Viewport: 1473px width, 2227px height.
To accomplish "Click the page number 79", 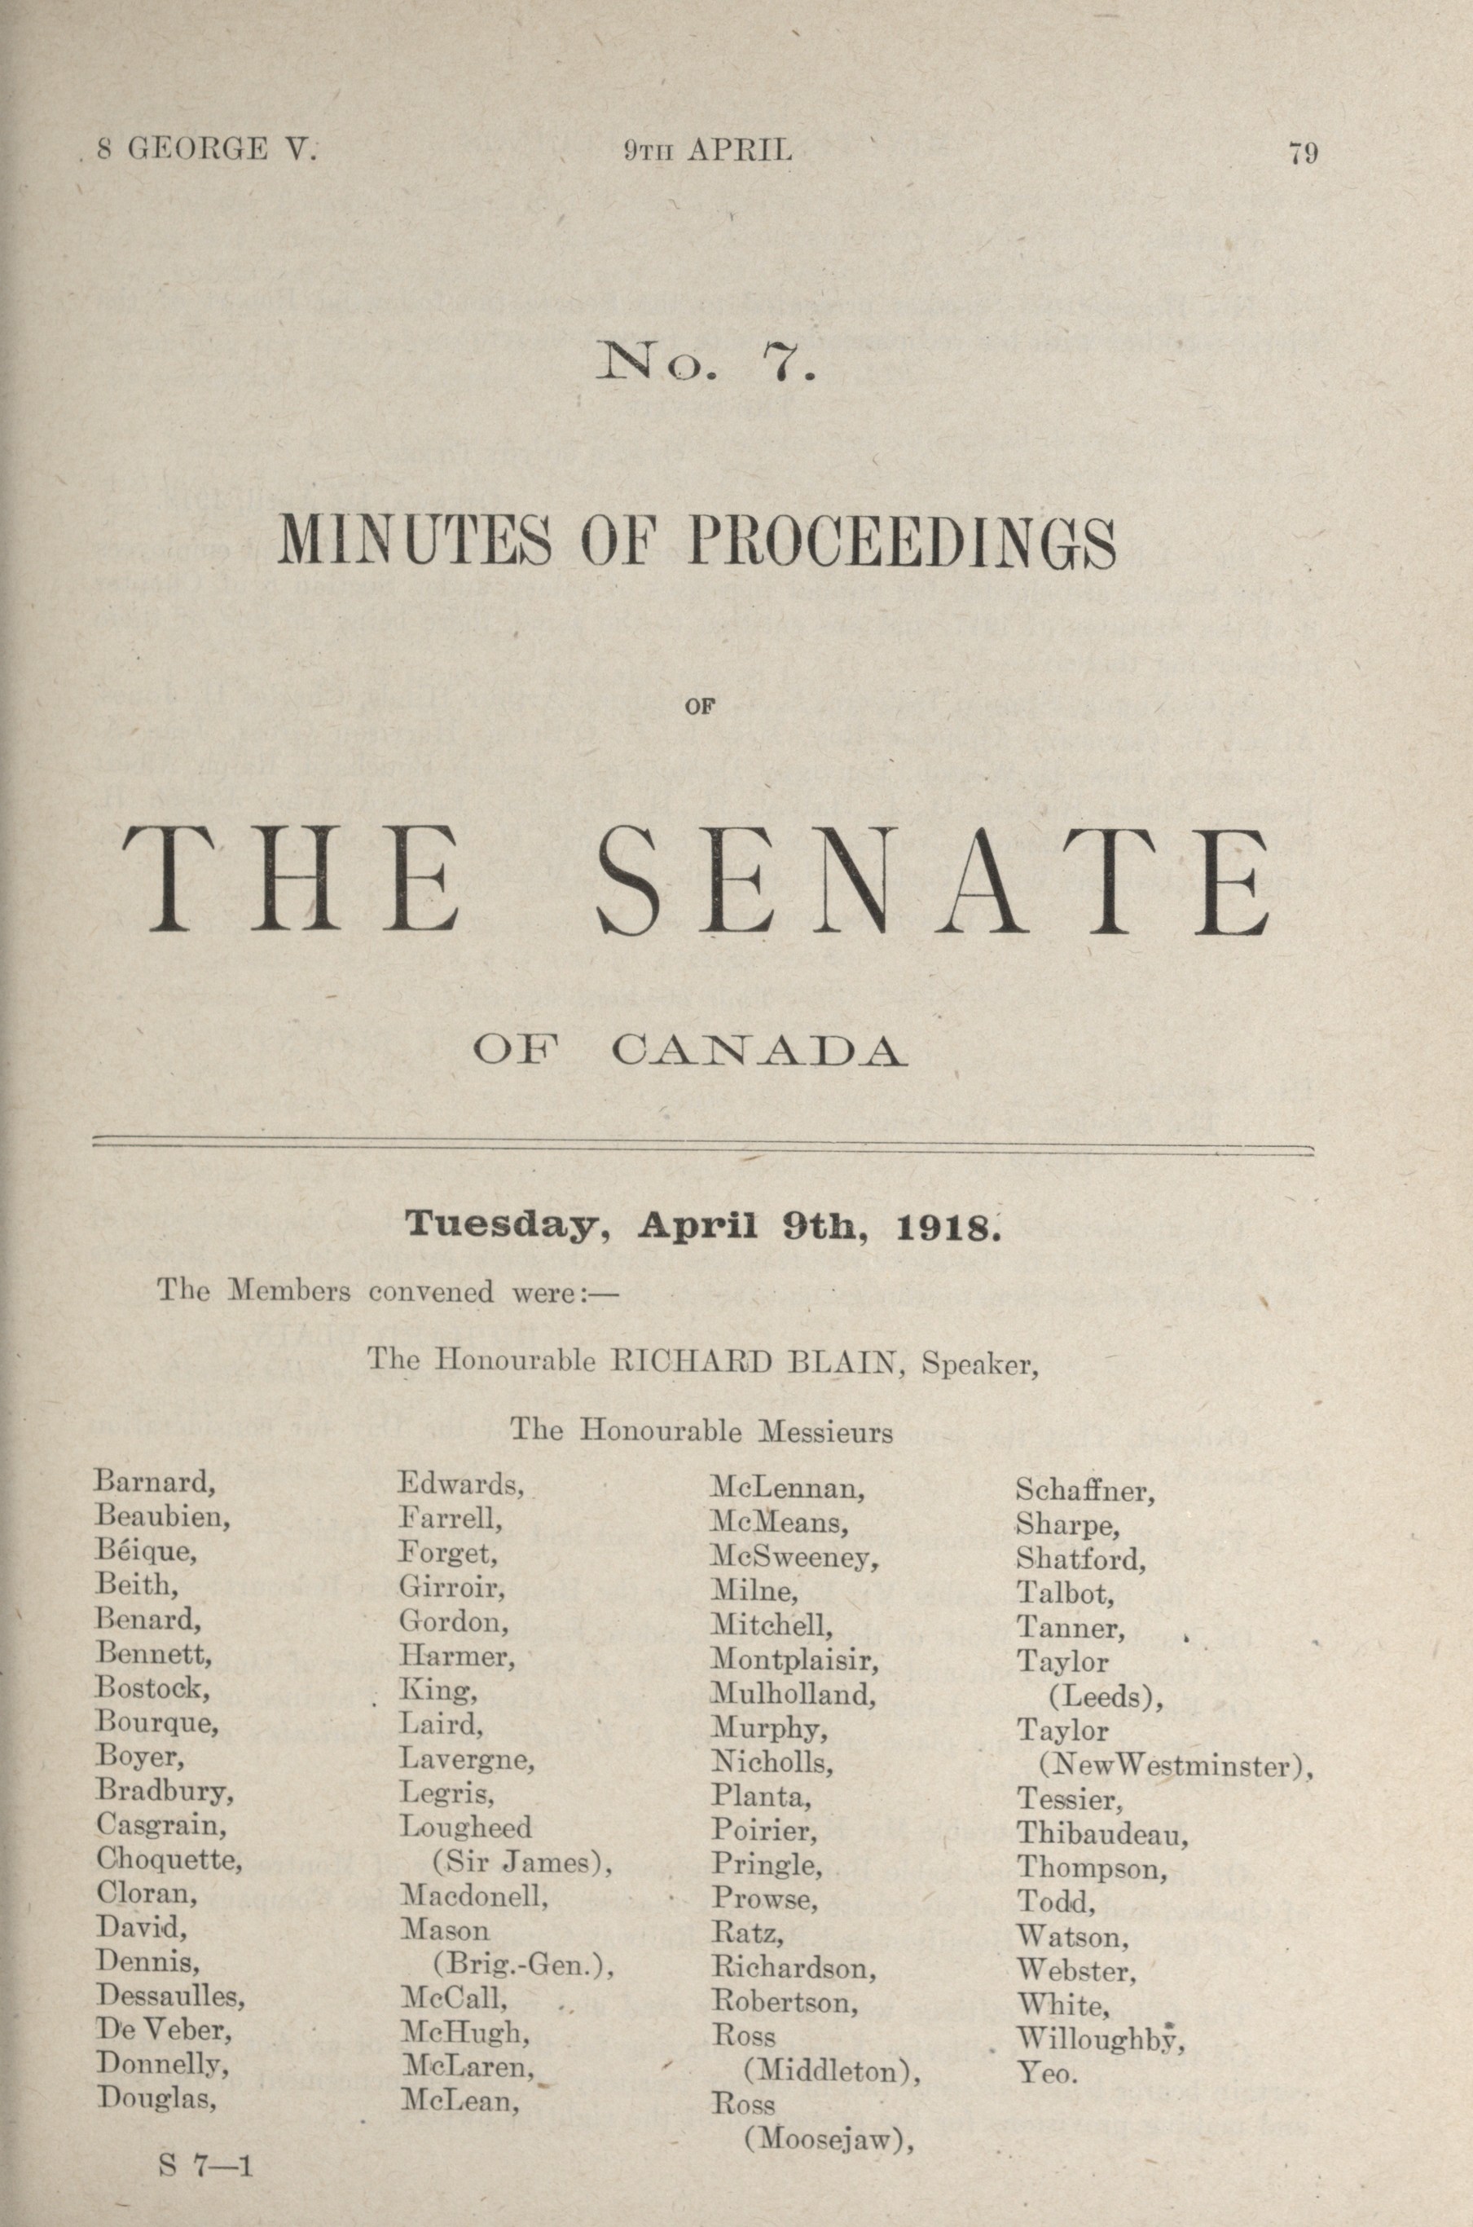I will [1303, 152].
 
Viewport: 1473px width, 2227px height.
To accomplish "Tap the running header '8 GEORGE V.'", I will [209, 149].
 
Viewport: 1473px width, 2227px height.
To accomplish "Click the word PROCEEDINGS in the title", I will [902, 542].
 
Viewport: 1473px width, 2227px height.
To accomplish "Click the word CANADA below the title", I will [759, 1051].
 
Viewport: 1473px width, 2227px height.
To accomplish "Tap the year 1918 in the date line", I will [943, 1227].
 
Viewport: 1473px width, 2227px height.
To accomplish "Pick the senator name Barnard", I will [154, 1482].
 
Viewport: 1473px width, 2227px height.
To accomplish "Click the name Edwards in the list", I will [459, 1484].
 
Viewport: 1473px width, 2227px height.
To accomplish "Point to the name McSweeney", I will [794, 1557].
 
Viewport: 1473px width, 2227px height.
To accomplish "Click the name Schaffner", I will [1084, 1490].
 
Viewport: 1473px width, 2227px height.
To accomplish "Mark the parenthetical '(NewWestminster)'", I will [1174, 1766].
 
